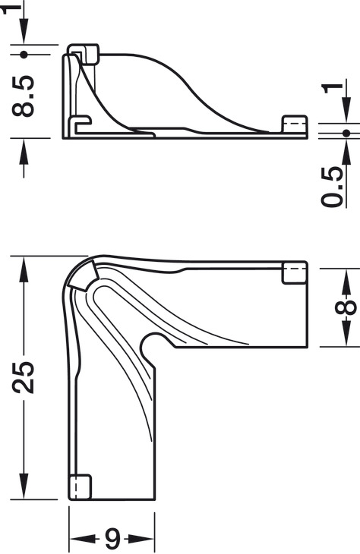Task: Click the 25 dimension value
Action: pos(25,377)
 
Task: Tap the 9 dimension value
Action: pos(112,539)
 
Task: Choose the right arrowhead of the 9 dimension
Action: pos(146,539)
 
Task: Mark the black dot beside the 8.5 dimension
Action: pos(25,55)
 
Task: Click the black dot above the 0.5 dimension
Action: pos(347,134)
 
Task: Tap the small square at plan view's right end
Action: pos(295,273)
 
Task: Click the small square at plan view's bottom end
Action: pos(81,486)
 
